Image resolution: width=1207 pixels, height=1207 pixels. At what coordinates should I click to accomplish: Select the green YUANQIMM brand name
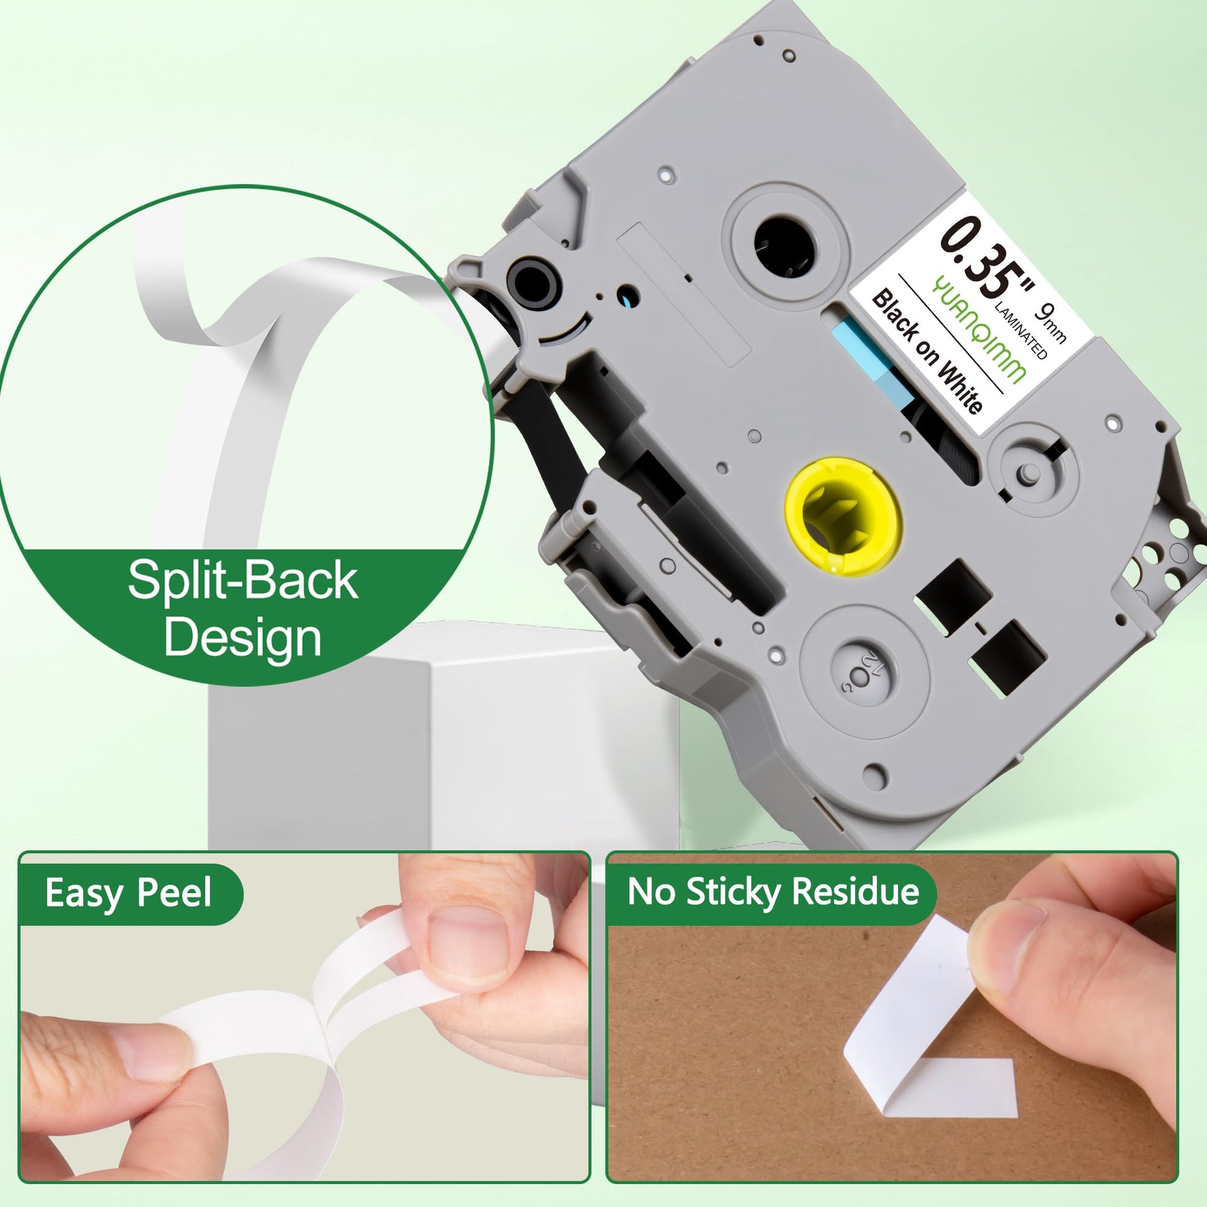pyautogui.click(x=978, y=329)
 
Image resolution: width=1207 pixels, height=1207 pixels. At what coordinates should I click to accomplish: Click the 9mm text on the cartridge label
pyautogui.click(x=1049, y=323)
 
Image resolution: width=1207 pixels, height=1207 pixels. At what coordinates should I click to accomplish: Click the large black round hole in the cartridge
pyautogui.click(x=785, y=246)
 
